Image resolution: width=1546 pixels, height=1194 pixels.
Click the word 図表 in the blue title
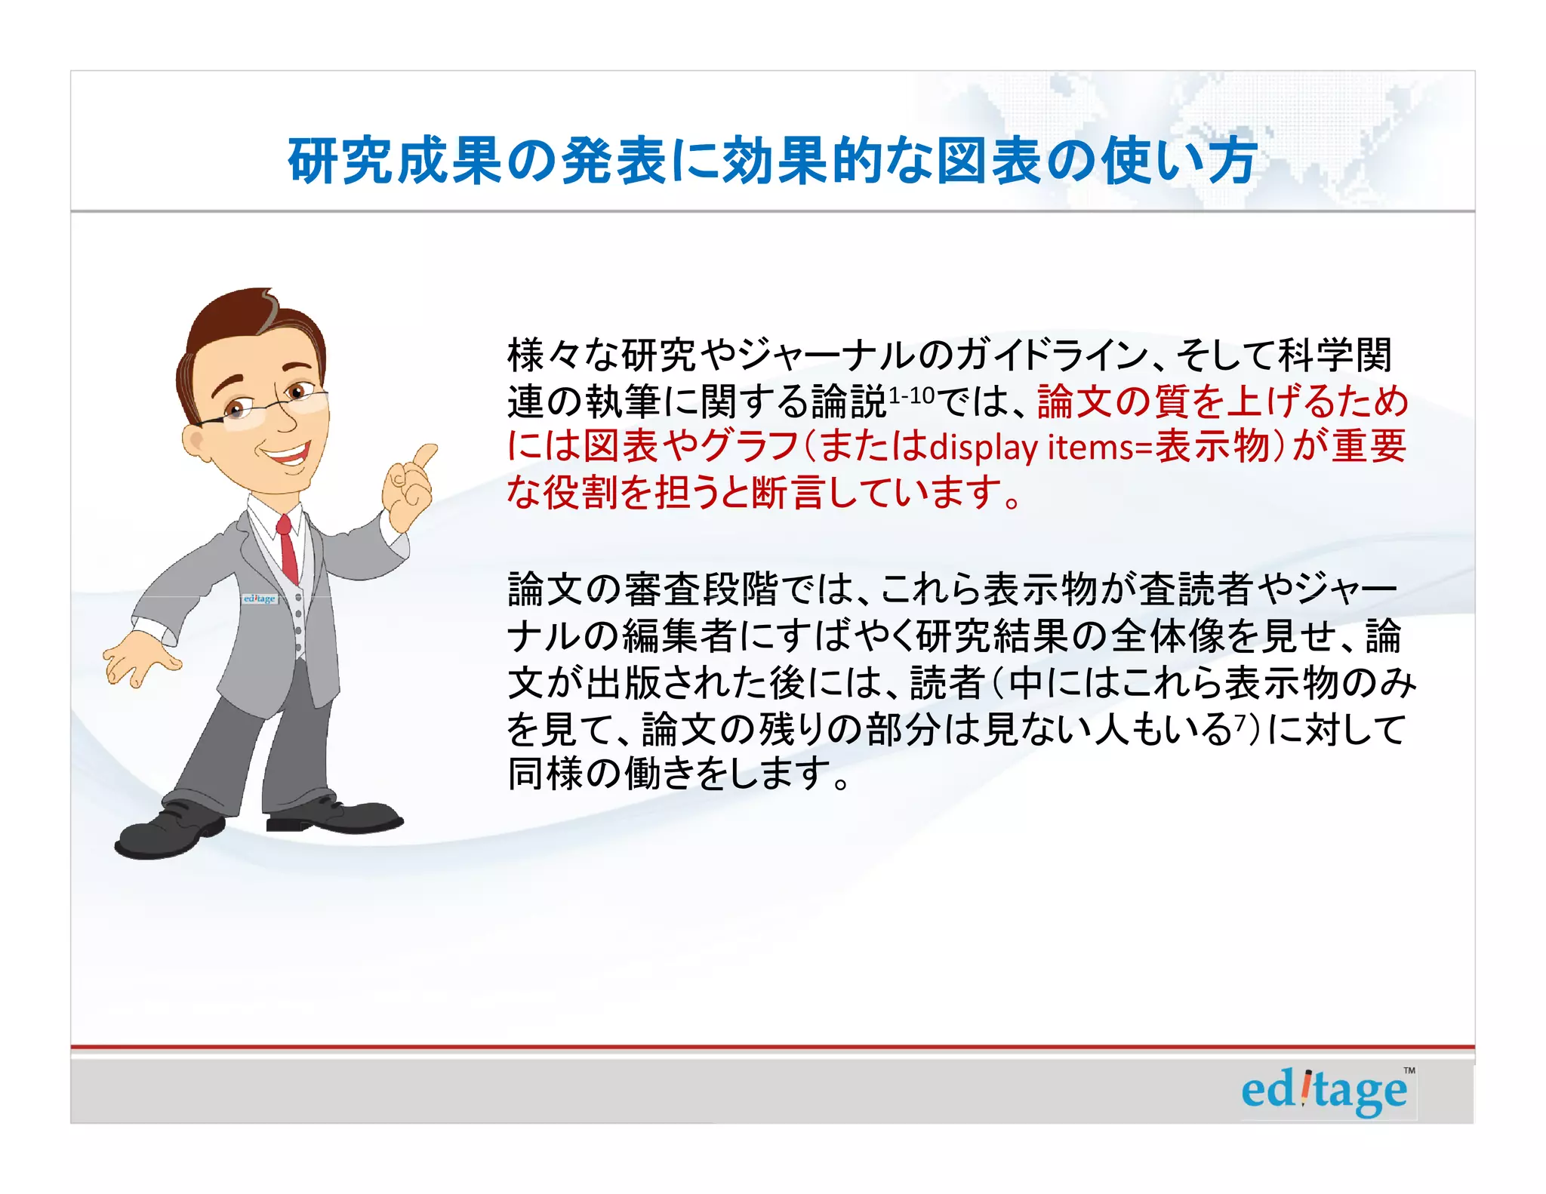[x=990, y=161]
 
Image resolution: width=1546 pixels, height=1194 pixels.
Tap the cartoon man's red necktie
[x=287, y=547]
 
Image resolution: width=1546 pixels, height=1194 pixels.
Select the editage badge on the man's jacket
[x=260, y=599]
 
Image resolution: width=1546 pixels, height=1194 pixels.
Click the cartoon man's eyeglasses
[x=268, y=408]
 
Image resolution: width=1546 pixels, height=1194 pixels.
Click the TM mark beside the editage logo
[x=1409, y=1070]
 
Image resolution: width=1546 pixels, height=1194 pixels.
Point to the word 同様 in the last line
[x=545, y=774]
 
